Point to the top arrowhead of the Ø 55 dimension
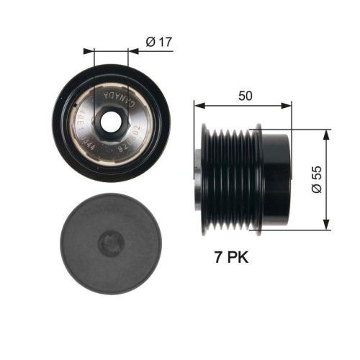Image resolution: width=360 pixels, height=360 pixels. (x=327, y=134)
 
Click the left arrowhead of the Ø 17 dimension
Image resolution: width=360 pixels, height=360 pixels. (x=89, y=50)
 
